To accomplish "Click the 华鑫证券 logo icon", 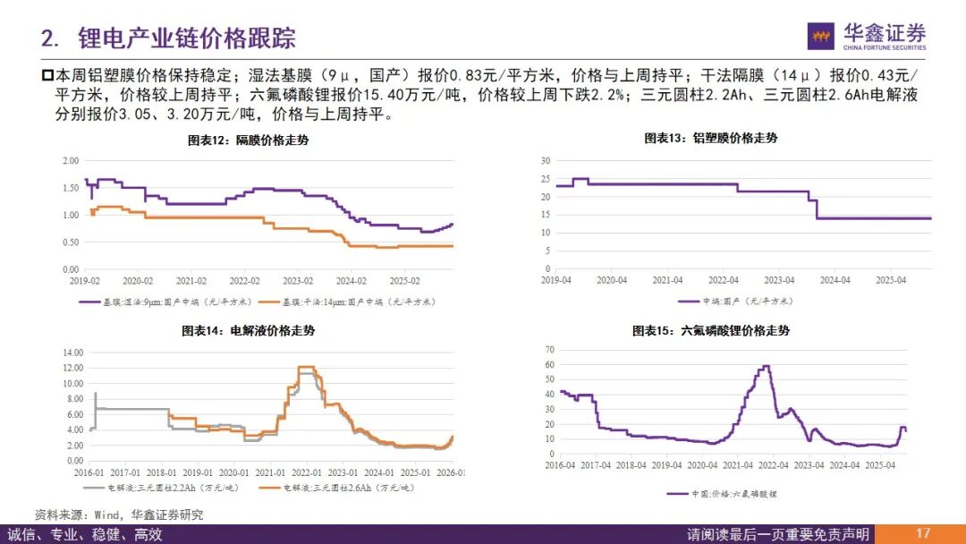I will click(821, 36).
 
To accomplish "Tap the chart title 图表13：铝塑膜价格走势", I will click(711, 139).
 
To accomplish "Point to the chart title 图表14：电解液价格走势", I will click(249, 331).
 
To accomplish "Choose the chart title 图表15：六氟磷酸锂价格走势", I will click(711, 331).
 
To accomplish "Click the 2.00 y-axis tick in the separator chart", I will click(70, 161).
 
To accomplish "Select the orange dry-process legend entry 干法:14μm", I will click(358, 302).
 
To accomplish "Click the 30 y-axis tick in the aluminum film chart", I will click(545, 160).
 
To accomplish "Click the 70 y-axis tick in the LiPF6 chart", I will click(550, 350).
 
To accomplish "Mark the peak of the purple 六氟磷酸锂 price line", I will click(766, 366).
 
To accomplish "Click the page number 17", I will click(923, 533).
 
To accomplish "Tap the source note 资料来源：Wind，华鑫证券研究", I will click(119, 514).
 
